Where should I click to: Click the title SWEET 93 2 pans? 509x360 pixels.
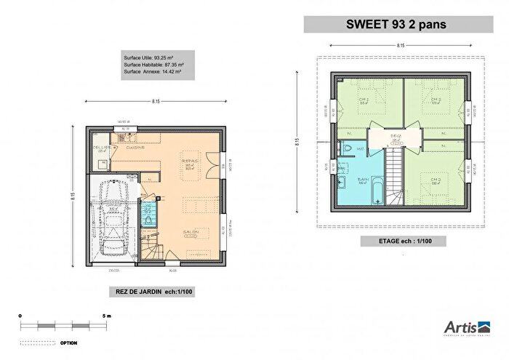pos(402,23)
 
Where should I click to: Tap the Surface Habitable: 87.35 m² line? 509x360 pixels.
pos(152,65)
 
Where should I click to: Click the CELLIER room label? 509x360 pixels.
pos(101,148)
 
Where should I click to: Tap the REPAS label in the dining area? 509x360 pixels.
pos(191,161)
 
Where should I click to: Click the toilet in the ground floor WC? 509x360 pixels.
pos(149,220)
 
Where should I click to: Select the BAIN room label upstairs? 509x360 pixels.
pos(361,179)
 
